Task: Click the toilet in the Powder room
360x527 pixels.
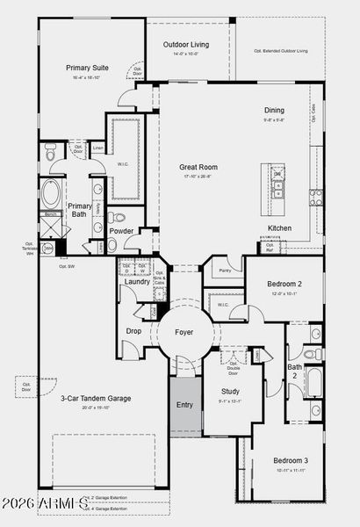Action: click(x=119, y=218)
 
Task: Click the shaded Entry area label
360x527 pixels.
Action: click(x=184, y=405)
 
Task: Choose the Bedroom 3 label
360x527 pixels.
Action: click(x=290, y=460)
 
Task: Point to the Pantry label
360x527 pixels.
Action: click(x=226, y=271)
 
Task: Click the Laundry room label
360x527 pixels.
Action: click(x=136, y=282)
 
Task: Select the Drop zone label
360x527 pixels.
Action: click(x=133, y=330)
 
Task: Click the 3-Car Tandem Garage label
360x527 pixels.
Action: click(x=96, y=398)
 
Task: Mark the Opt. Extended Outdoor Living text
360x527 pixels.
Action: click(x=280, y=51)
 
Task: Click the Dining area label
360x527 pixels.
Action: click(x=274, y=110)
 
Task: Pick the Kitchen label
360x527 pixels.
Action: click(x=280, y=228)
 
